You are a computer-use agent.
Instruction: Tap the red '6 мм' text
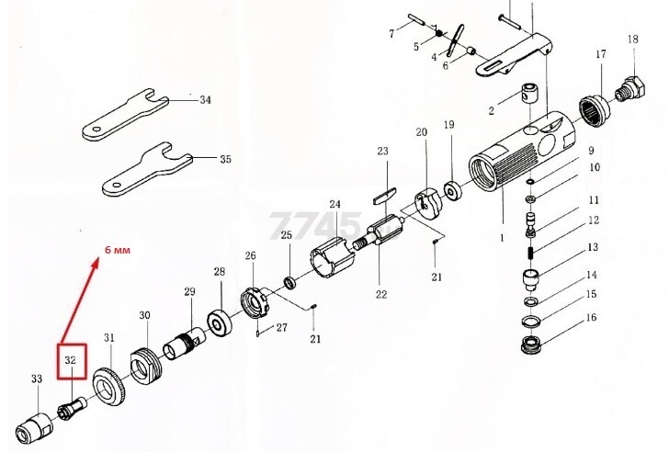point(118,250)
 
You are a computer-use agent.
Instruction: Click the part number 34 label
point(205,100)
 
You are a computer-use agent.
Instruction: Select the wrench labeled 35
point(147,169)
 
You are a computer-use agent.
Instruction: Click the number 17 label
point(601,54)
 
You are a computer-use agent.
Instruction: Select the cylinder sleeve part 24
point(332,258)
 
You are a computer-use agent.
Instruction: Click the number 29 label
point(190,291)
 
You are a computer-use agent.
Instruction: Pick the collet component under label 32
point(72,407)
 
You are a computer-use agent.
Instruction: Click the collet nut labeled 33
point(34,428)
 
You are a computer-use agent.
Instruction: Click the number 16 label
point(591,318)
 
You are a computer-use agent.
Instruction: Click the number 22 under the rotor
point(381,294)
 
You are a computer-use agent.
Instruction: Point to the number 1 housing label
point(502,238)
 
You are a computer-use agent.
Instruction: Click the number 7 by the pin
point(391,33)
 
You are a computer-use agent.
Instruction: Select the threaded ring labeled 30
point(145,365)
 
